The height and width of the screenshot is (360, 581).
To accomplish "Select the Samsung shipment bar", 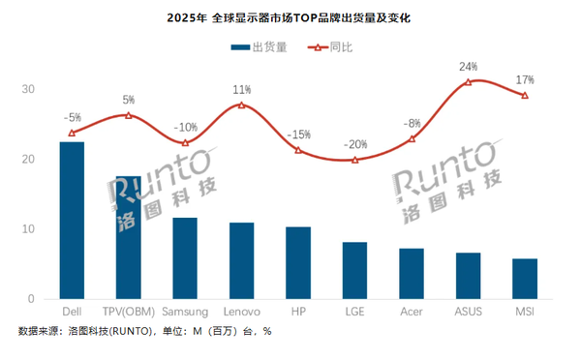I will tap(185, 258).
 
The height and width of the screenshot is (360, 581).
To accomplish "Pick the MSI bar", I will tap(525, 279).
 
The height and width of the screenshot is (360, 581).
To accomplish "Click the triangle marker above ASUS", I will tap(469, 82).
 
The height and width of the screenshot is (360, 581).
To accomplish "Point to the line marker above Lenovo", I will tap(241, 105).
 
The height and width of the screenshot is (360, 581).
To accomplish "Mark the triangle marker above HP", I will tap(298, 150).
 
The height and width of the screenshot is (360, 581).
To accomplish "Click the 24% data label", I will tap(469, 67).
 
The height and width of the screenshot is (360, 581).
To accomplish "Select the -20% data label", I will tap(355, 144).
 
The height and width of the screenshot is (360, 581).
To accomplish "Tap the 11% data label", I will tap(242, 89).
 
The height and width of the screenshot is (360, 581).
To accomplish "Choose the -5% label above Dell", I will tap(72, 118).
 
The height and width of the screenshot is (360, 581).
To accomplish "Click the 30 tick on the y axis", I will tap(29, 89).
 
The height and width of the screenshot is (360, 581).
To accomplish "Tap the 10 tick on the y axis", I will tap(29, 229).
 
